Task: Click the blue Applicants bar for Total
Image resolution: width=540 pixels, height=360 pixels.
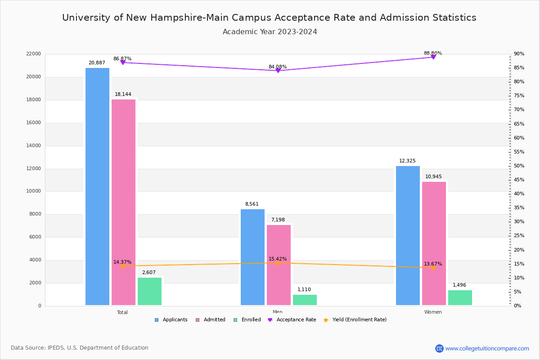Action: (x=97, y=187)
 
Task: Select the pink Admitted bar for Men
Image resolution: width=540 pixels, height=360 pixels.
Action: (x=279, y=265)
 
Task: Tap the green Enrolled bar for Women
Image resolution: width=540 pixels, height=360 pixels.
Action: (x=460, y=297)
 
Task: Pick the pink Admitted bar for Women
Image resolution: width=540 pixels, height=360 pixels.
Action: (x=434, y=243)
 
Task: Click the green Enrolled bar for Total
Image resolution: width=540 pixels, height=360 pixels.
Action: (x=149, y=291)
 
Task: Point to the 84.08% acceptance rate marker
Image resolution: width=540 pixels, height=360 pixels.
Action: (x=278, y=71)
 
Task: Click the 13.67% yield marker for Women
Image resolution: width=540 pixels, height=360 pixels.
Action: (x=433, y=268)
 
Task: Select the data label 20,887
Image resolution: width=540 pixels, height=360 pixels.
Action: (x=97, y=63)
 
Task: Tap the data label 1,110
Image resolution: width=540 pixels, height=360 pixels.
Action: (x=304, y=290)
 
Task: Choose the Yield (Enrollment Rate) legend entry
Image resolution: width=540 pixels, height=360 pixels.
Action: (x=359, y=320)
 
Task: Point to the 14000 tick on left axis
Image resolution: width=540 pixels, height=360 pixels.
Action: (x=34, y=145)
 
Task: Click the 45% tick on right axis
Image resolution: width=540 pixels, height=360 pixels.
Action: (x=519, y=180)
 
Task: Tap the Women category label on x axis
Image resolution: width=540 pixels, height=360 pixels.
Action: (x=433, y=312)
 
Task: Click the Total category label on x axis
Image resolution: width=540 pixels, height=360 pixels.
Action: (x=122, y=312)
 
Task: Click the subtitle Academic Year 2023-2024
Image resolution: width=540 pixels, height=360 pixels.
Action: (x=270, y=32)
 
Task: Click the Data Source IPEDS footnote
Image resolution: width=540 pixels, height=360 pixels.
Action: (x=80, y=348)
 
